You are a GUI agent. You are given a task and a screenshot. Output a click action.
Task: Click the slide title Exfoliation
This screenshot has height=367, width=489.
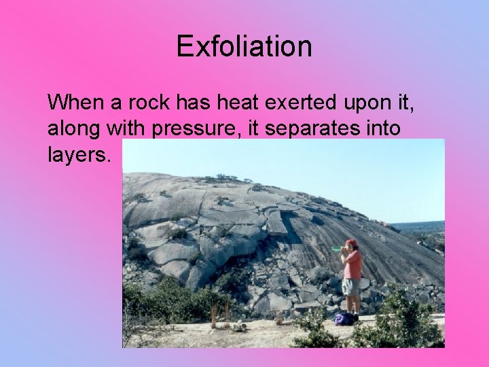point(244,47)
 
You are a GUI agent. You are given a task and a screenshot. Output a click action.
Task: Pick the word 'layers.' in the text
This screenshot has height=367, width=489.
point(78,154)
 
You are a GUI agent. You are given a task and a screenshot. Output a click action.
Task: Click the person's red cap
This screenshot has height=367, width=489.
point(350,243)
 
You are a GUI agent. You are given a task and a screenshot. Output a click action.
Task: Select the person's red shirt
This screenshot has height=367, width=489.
point(352,264)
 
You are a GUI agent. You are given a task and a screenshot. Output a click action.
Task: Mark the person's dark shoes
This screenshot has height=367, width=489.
point(353,316)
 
